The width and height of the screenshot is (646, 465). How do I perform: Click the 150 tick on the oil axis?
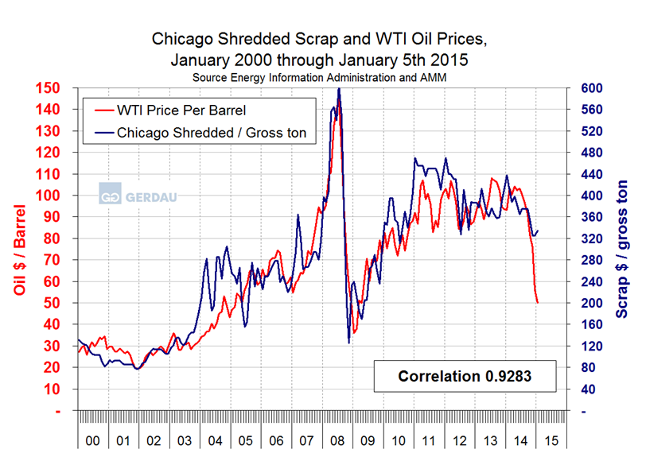tap(51, 87)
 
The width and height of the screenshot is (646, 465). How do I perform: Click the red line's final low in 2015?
tap(538, 303)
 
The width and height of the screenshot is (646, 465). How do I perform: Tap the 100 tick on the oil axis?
tap(51, 196)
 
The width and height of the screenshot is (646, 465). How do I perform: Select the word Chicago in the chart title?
tap(182, 38)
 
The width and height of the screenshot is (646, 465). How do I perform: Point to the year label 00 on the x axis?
tap(92, 440)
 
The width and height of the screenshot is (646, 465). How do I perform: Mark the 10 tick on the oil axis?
tap(54, 389)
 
